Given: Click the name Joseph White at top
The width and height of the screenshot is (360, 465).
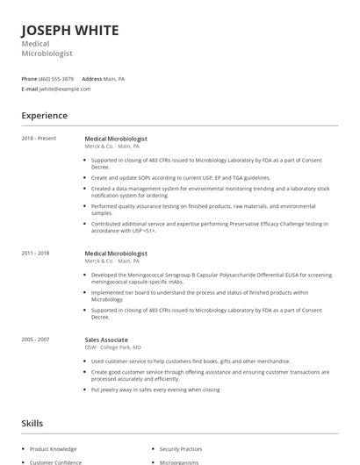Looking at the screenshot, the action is click(x=70, y=30).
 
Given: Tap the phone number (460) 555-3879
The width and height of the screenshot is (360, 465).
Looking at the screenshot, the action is click(x=56, y=79).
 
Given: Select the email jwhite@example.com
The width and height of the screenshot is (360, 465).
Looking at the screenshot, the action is click(x=66, y=89).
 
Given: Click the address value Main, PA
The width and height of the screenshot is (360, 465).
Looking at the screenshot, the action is click(x=114, y=79).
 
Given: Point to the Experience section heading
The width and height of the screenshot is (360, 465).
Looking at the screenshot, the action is click(x=44, y=116).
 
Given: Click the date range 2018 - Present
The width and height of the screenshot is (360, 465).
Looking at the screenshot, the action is click(x=40, y=139).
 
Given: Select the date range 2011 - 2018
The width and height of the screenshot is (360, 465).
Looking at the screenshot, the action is click(x=36, y=254).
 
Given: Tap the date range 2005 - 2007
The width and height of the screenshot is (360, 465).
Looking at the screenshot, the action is click(x=36, y=340).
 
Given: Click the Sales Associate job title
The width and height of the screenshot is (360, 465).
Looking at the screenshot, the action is click(x=106, y=340).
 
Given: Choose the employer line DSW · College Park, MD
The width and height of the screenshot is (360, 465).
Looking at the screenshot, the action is click(x=113, y=347).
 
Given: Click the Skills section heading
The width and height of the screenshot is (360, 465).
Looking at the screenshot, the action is click(x=32, y=423).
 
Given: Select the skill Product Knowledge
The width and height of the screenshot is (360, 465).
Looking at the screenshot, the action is click(x=53, y=449).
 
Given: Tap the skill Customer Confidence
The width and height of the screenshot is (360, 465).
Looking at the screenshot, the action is click(x=55, y=462).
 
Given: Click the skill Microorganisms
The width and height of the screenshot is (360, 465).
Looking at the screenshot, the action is click(x=179, y=462).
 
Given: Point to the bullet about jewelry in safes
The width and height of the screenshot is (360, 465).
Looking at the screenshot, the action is click(x=155, y=390).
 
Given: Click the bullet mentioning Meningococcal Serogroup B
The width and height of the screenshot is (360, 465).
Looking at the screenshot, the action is click(x=211, y=278).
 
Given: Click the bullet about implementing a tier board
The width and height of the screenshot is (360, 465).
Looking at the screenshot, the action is click(x=199, y=296).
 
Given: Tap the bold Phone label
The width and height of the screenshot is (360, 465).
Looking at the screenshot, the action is click(x=29, y=79).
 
